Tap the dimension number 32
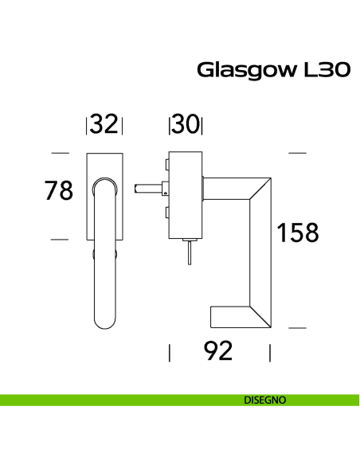point(104,125)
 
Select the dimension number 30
point(185,125)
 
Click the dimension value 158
point(297,232)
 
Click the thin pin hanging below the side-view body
point(189,255)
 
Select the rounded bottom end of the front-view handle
point(104,322)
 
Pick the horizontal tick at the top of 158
point(297,152)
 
